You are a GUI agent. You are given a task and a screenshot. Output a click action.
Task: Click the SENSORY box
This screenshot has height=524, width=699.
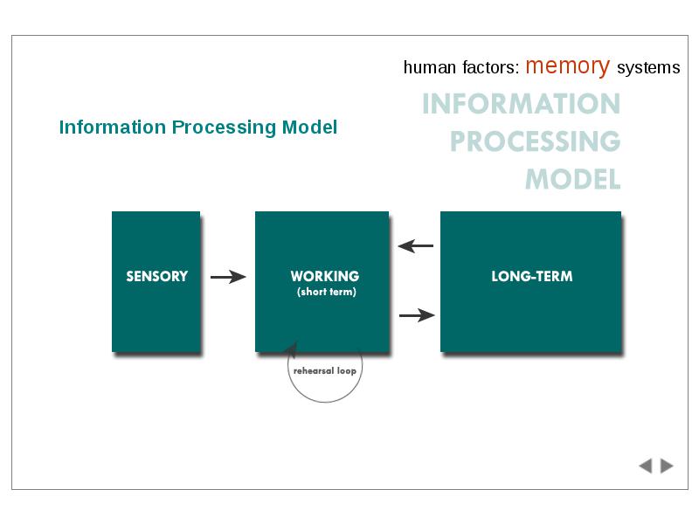coord(156,281)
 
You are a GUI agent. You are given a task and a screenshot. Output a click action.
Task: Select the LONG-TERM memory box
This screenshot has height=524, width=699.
coord(530,281)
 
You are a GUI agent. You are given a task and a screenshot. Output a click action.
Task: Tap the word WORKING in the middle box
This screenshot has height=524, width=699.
coord(325,276)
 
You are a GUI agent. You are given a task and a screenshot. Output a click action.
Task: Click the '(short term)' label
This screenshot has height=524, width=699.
coord(327,292)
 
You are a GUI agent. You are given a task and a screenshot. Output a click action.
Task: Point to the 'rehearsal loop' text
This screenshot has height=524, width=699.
coord(325,370)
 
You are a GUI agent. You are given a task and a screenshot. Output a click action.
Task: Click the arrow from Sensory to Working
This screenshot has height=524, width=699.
coord(228,277)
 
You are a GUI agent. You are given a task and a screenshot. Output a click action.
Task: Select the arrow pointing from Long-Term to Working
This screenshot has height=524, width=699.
coord(416,245)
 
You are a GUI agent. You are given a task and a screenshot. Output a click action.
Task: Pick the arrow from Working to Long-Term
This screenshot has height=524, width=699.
coord(417,315)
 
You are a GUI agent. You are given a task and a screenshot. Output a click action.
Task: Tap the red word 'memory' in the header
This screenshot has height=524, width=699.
coord(567,66)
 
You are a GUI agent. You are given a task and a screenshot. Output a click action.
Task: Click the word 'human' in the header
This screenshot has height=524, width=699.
coord(430,67)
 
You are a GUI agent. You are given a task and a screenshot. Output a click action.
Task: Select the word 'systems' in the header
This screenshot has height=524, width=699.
coord(648,68)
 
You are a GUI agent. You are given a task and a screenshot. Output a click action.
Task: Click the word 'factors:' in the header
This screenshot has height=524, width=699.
coord(491,67)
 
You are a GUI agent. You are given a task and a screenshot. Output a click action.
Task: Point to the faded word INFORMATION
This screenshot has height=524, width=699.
coord(521,104)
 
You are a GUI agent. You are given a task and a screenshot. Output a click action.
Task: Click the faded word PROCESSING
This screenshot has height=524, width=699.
coord(535,141)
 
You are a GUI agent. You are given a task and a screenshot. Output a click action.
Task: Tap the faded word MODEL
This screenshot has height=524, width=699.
coord(573,179)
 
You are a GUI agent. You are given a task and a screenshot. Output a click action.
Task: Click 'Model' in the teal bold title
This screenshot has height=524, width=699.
coord(309,128)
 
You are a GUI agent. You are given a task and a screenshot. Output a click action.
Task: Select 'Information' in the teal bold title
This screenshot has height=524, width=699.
coord(113,128)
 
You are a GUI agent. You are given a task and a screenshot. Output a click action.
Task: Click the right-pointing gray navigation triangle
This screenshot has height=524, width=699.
coord(667,465)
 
